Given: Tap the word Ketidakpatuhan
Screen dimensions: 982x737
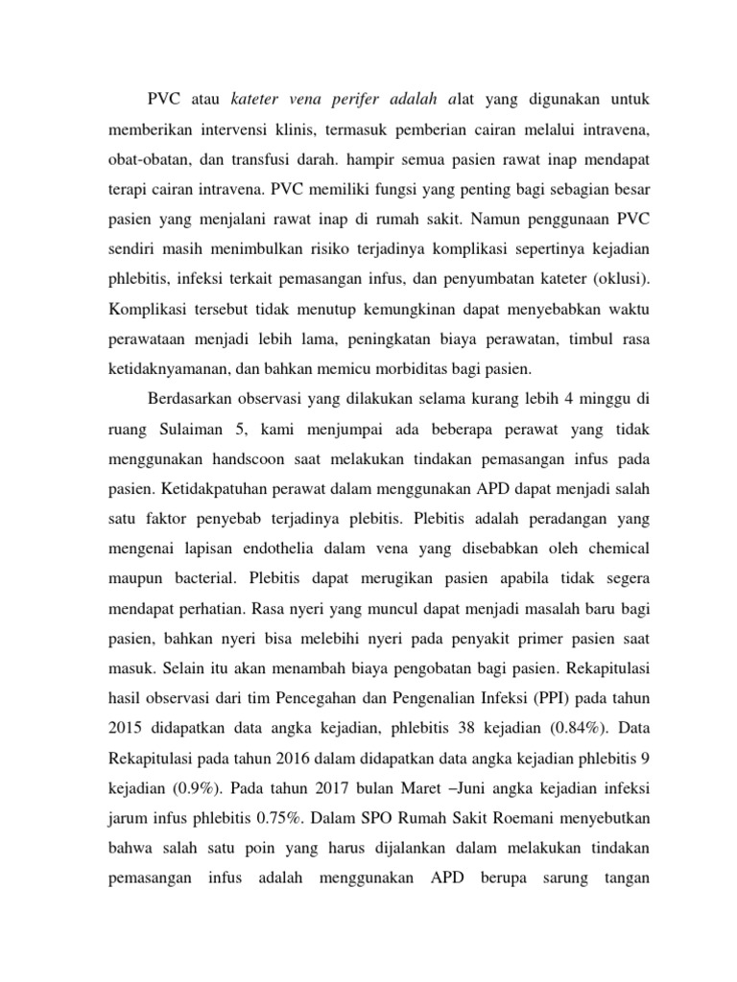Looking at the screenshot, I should point(215,487).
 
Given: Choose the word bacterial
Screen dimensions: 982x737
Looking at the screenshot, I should point(202,577).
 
